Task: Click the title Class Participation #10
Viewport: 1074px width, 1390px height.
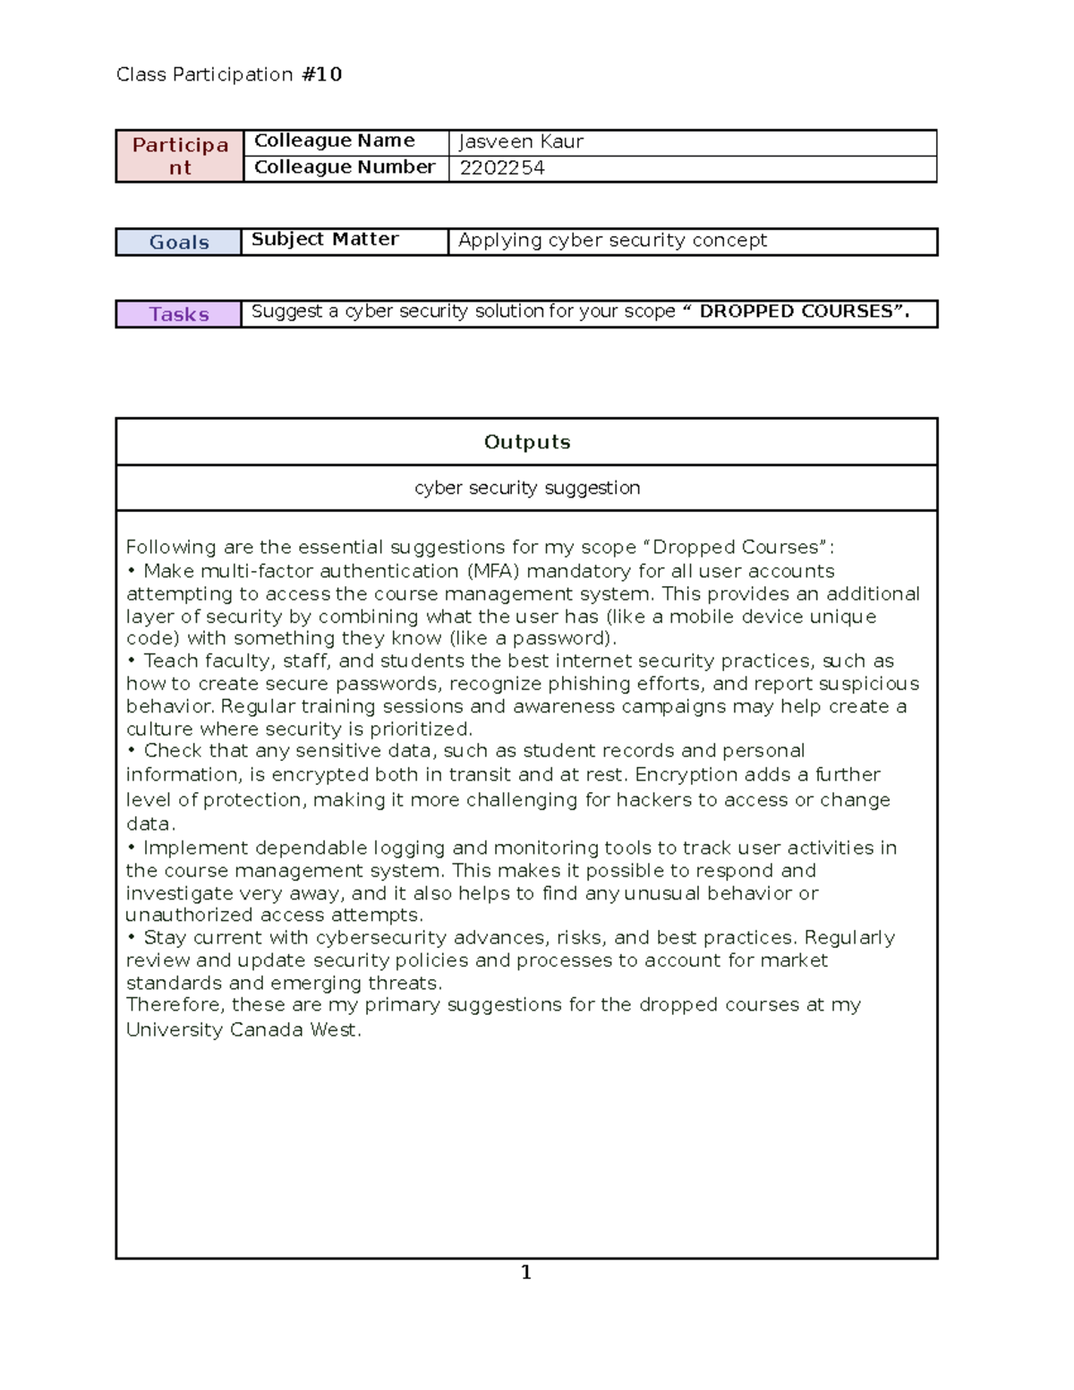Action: coord(229,74)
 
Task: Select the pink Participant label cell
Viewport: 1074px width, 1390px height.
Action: coord(180,156)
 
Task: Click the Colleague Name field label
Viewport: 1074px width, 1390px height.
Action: coord(334,141)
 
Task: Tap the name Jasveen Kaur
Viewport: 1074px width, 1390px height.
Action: coord(521,141)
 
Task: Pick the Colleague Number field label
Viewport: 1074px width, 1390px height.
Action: coord(344,167)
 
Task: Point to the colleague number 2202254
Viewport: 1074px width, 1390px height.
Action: coord(502,168)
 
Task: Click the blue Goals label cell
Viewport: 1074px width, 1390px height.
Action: coord(179,243)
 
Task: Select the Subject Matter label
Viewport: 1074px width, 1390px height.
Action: coord(325,240)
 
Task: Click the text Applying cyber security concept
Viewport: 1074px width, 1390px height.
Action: coord(612,241)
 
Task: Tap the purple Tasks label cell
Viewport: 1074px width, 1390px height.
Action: coord(179,314)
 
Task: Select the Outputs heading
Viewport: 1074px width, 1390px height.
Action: coord(526,442)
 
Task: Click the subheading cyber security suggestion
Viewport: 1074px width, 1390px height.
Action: coord(526,488)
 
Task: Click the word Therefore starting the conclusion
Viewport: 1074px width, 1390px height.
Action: coord(175,1005)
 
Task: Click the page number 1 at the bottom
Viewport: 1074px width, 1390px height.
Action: coord(526,1273)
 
